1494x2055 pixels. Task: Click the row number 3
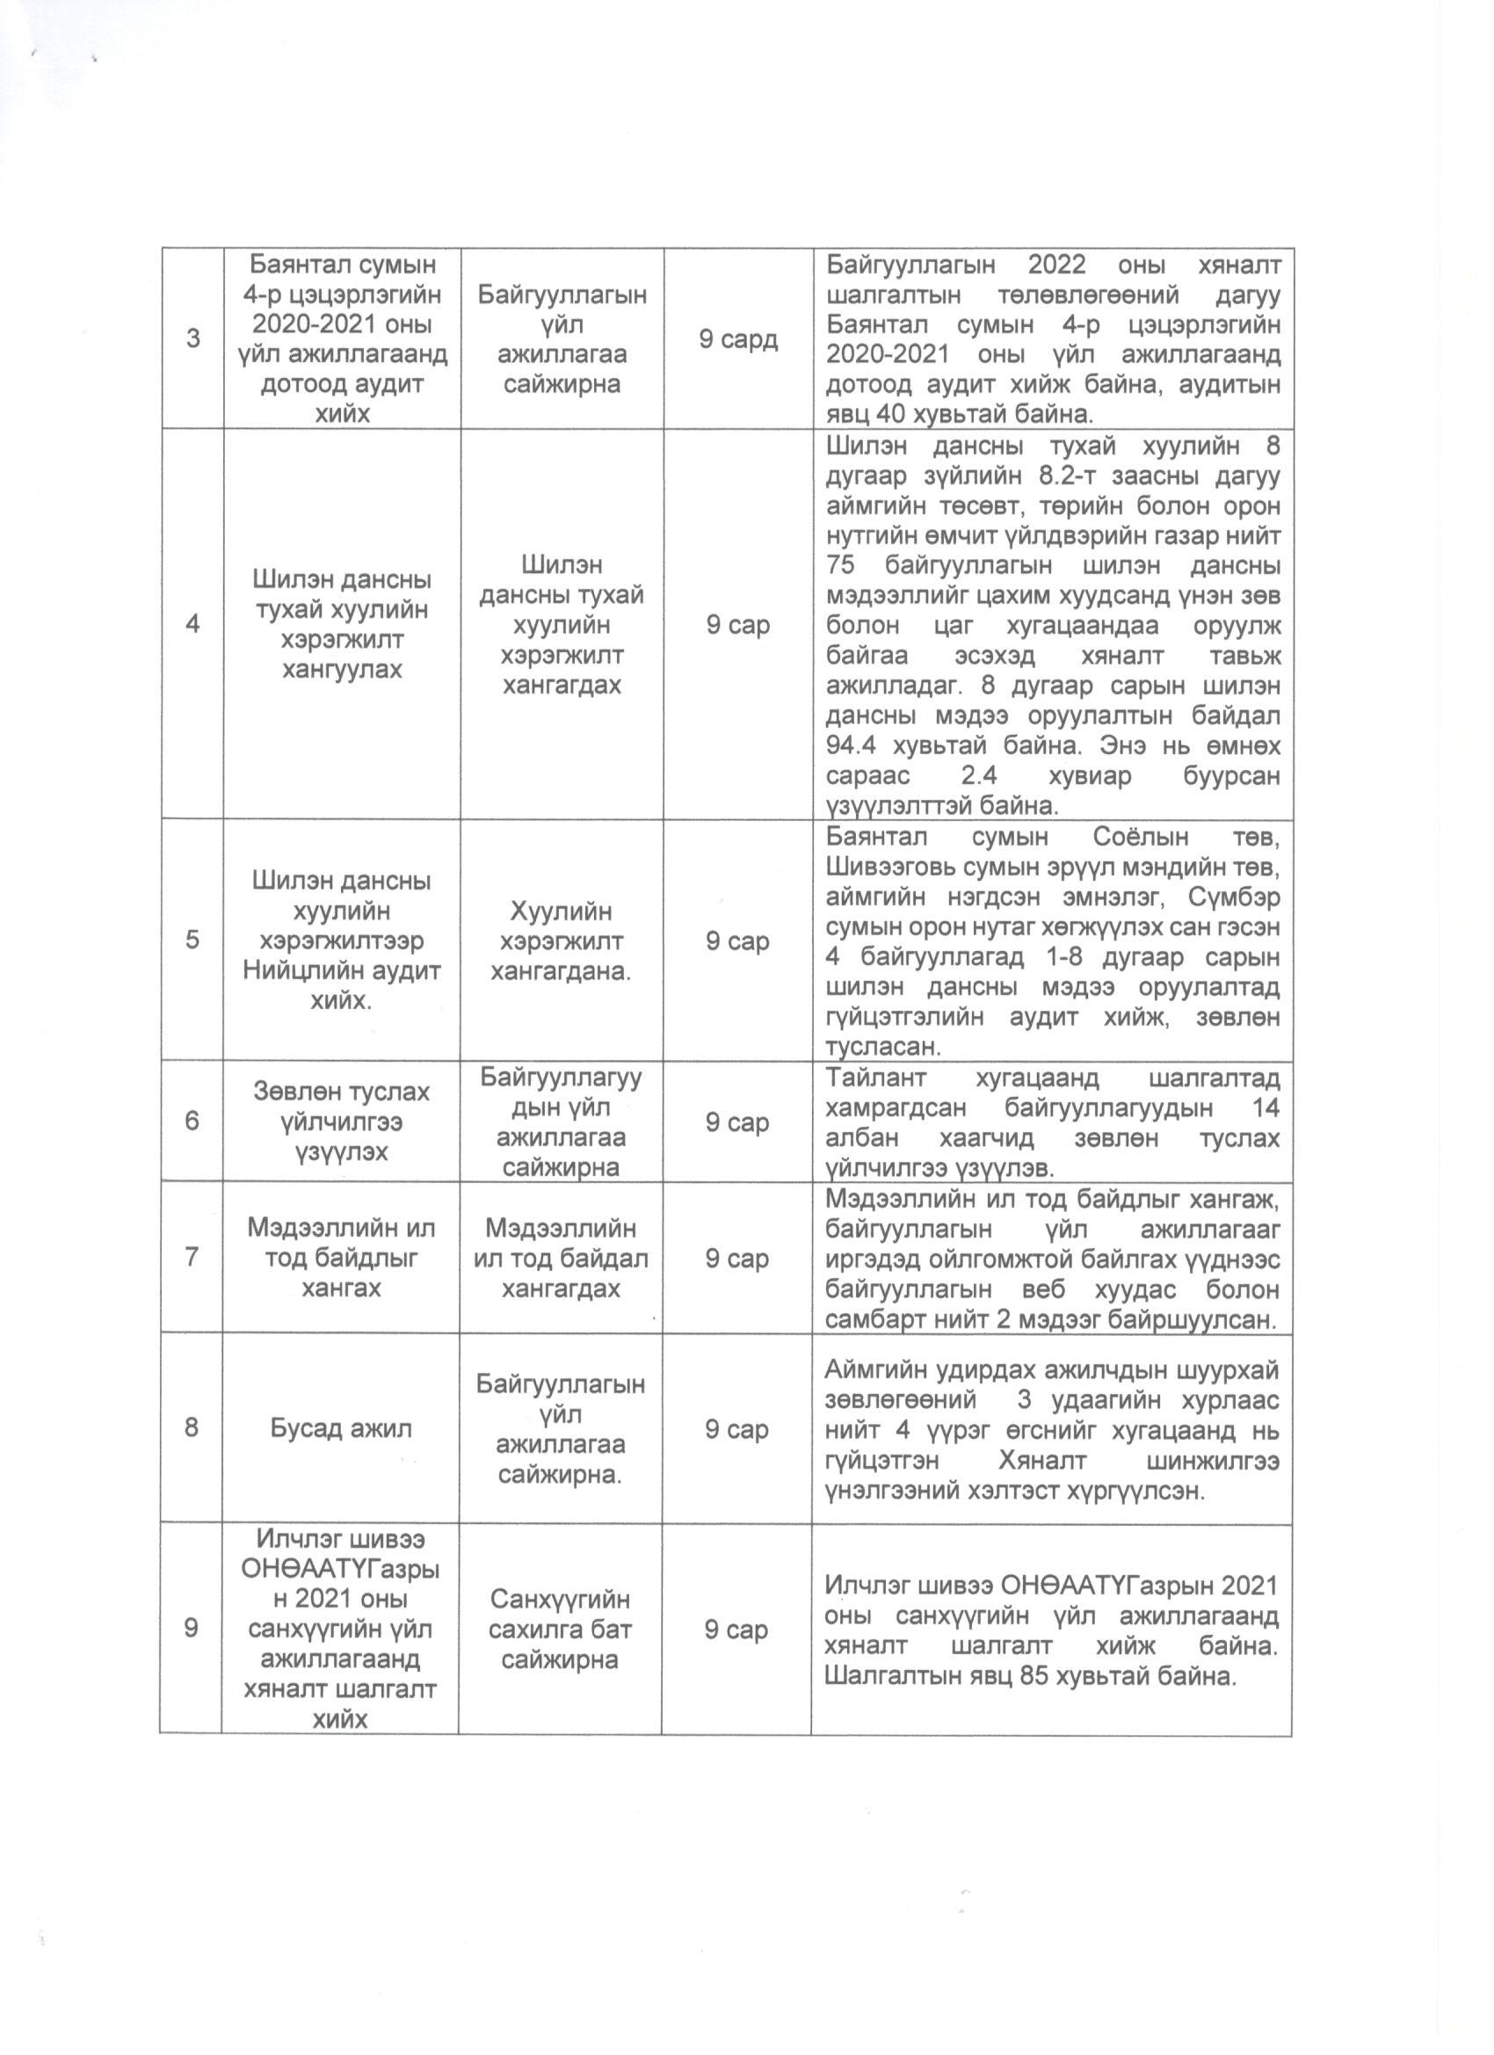click(193, 339)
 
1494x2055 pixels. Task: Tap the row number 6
click(192, 1121)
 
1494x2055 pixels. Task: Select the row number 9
click(192, 1628)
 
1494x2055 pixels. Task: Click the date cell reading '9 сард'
click(737, 339)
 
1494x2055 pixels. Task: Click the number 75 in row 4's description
click(842, 566)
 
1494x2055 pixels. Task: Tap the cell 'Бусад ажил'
click(341, 1429)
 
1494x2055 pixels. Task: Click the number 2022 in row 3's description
click(1064, 265)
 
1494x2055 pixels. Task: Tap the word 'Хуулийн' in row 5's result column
click(561, 911)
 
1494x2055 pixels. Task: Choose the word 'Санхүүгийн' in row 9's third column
click(560, 1599)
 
